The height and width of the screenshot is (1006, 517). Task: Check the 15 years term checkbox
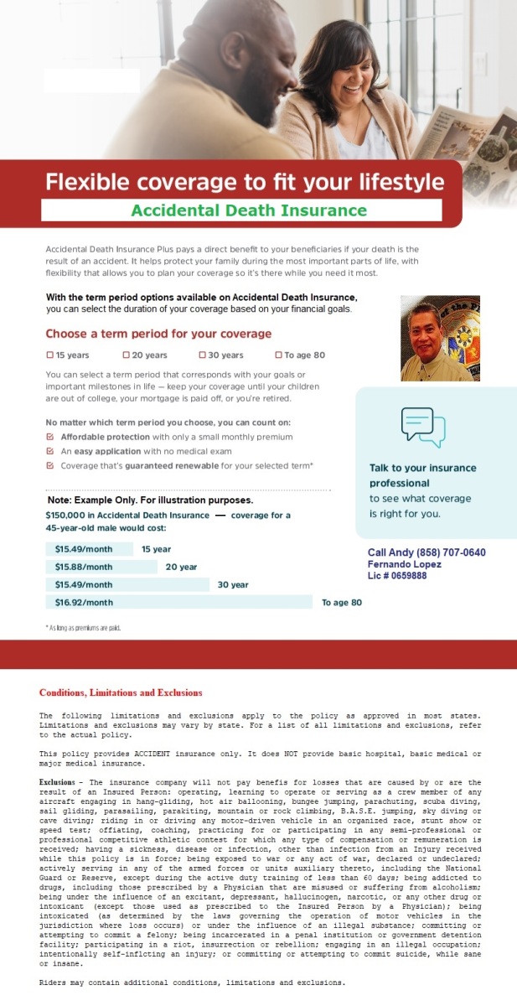click(x=49, y=355)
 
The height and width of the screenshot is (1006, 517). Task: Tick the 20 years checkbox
click(x=126, y=355)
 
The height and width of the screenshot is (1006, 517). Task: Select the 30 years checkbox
click(x=202, y=355)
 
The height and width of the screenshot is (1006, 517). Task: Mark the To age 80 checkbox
click(x=278, y=355)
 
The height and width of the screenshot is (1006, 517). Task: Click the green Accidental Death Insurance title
click(x=249, y=210)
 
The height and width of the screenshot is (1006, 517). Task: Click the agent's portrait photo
click(x=440, y=338)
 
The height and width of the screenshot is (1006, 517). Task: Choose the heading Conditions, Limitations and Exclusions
click(x=121, y=692)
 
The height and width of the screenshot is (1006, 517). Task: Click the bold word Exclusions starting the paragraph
click(x=58, y=780)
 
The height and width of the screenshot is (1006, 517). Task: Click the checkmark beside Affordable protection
click(x=50, y=437)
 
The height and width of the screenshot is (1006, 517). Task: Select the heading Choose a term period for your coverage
click(x=158, y=334)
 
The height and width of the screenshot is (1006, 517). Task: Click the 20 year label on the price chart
click(x=181, y=567)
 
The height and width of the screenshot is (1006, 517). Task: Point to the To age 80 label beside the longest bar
click(x=342, y=603)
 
